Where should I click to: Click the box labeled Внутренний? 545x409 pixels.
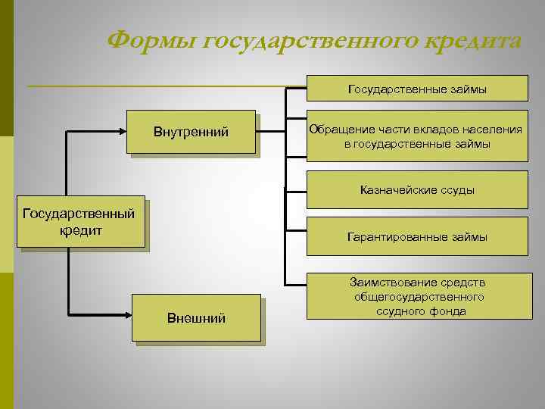[191, 133]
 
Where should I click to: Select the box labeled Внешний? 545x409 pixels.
[196, 317]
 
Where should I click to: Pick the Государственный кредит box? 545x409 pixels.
[79, 222]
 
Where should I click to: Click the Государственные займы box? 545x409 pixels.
[417, 89]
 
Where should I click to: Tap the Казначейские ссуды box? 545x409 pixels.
[417, 189]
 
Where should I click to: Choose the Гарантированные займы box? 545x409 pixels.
[417, 237]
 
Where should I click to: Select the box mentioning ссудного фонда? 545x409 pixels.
[417, 296]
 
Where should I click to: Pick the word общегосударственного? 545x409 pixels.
[419, 296]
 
